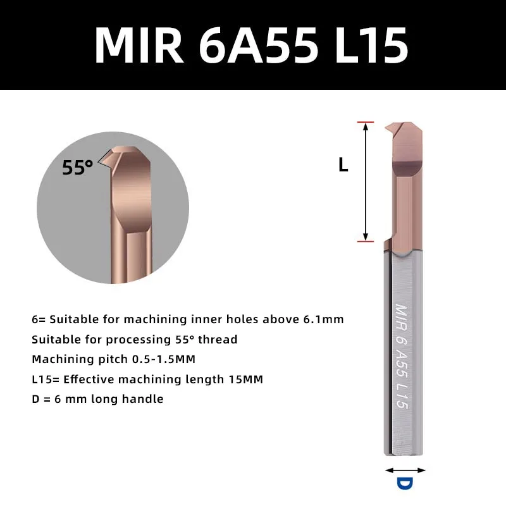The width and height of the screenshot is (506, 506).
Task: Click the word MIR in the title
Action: coord(139,46)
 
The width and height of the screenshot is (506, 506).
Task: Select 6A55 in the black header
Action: coord(259,46)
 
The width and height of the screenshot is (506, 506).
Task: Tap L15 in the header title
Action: coord(372,46)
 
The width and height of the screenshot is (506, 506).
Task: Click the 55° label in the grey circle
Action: coord(77,167)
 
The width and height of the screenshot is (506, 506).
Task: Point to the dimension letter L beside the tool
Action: coord(343,165)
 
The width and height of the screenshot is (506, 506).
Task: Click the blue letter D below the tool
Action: coord(405,484)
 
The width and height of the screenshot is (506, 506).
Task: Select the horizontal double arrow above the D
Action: coord(405,471)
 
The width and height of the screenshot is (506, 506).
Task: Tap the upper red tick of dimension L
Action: coord(366,122)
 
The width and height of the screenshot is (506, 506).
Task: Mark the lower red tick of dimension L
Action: coord(366,241)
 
